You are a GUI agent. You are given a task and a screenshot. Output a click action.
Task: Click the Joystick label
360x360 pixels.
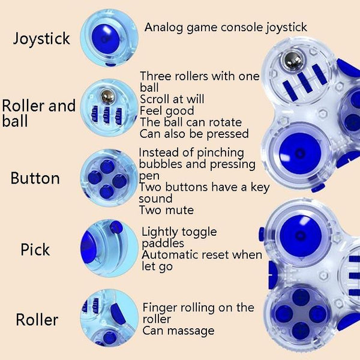[x=41, y=40]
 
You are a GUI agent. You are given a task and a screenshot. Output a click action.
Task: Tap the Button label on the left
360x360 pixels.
[x=35, y=178]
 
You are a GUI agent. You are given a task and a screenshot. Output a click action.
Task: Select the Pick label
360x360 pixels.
[x=35, y=250]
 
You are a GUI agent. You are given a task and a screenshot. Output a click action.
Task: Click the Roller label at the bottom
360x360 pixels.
[x=37, y=319]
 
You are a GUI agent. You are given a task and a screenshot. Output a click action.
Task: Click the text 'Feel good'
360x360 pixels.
[x=167, y=110]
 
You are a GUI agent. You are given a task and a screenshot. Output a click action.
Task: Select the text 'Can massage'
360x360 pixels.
[x=178, y=330]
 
